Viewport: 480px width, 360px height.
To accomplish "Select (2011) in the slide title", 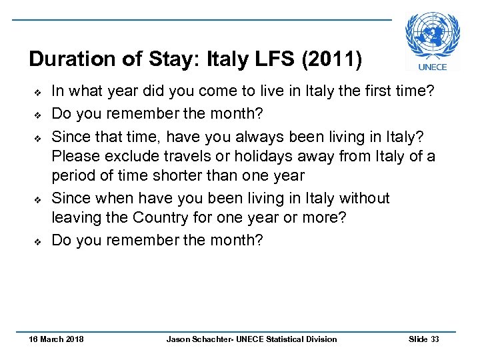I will coord(332,60).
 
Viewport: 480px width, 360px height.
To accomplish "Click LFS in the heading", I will coord(273,60).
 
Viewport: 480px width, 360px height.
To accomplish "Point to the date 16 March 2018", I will coord(56,339).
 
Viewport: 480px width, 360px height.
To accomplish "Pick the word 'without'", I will coord(364,198).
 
